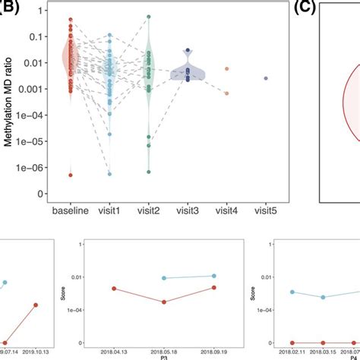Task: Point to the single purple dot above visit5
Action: pyautogui.click(x=265, y=78)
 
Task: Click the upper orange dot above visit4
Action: pyautogui.click(x=226, y=68)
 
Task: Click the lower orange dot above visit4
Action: pyautogui.click(x=226, y=93)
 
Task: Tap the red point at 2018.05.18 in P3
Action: pyautogui.click(x=165, y=302)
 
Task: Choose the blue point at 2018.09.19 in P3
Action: pyautogui.click(x=215, y=276)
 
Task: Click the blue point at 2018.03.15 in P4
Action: pyautogui.click(x=323, y=297)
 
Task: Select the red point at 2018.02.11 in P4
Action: pyautogui.click(x=292, y=343)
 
